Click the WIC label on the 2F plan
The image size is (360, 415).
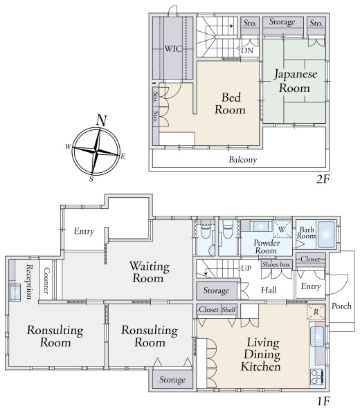click(173, 48)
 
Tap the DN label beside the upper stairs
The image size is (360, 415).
click(247, 50)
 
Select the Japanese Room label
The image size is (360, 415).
click(295, 81)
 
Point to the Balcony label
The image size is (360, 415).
click(243, 160)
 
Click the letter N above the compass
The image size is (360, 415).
click(102, 120)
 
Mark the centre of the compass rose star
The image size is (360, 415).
click(96, 151)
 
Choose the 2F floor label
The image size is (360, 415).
click(323, 180)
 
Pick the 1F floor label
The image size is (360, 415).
click(323, 401)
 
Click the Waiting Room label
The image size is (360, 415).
click(149, 273)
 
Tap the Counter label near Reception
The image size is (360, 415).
click(46, 281)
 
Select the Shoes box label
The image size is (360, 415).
click(276, 265)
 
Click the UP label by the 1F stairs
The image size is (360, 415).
click(246, 268)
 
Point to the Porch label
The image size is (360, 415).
click(341, 306)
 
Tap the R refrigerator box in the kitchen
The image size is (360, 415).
click(316, 313)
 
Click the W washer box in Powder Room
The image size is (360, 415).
click(282, 229)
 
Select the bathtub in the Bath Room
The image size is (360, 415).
click(326, 234)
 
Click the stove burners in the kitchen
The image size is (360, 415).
click(316, 377)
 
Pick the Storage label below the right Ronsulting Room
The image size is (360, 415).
click(172, 380)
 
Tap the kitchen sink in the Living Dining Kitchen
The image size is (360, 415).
click(317, 336)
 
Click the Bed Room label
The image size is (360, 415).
click(231, 104)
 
